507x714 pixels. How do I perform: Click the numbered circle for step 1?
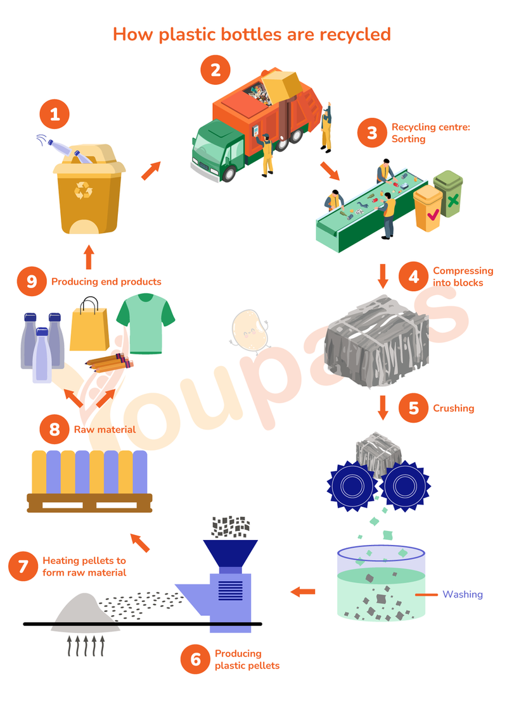click(55, 115)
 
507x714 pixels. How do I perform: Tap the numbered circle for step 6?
click(196, 659)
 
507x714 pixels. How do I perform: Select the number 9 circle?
click(32, 282)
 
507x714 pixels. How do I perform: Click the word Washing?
click(462, 594)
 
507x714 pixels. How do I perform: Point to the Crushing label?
click(453, 408)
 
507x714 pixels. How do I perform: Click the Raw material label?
click(105, 429)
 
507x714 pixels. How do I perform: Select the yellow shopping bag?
click(89, 325)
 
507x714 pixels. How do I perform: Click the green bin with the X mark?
click(448, 194)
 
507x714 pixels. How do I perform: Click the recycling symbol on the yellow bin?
click(84, 191)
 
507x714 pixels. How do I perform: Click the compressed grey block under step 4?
click(376, 341)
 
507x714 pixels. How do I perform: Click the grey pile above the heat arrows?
click(84, 611)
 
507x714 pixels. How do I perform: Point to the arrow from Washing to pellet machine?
click(303, 592)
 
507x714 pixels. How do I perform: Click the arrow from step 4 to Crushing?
click(383, 408)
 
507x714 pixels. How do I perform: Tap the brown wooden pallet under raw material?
click(89, 503)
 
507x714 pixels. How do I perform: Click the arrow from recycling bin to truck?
click(151, 170)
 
